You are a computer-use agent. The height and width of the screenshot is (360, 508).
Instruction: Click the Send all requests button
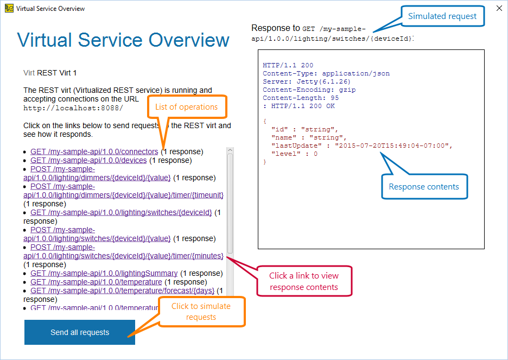point(80,332)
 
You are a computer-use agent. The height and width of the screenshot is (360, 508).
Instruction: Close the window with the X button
point(499,9)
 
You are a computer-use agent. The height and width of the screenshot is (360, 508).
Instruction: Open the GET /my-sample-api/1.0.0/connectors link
point(94,151)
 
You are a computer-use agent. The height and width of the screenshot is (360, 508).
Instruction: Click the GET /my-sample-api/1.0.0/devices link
point(88,160)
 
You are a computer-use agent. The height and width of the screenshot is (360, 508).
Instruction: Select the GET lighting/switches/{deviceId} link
point(121,212)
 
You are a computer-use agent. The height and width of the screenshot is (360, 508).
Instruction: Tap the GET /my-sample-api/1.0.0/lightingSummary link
point(104,273)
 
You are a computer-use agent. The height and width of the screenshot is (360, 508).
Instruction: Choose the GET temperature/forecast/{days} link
point(122,290)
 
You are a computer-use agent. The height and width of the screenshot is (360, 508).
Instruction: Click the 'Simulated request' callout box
point(442,16)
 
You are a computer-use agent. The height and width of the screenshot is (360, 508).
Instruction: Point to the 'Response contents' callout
point(424,187)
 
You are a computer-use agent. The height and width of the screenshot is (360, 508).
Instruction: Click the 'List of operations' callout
point(186,107)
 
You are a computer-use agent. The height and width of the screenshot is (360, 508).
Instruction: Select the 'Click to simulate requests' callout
point(201,312)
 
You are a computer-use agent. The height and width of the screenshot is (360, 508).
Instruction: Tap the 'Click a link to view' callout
point(303,281)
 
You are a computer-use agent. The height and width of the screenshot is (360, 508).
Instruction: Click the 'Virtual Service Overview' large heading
point(123,40)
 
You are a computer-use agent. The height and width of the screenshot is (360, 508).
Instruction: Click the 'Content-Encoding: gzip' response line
point(309,90)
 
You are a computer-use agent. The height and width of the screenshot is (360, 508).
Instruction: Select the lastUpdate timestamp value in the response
point(393,146)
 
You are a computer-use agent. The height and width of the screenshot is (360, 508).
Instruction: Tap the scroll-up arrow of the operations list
point(230,150)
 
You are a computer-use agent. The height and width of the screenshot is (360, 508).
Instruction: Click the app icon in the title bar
point(9,8)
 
